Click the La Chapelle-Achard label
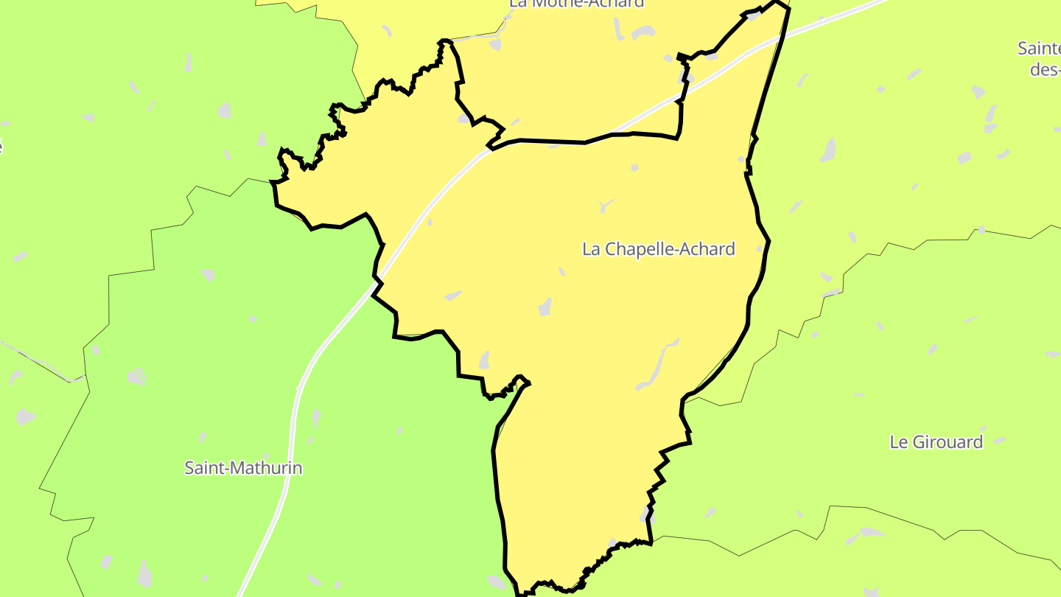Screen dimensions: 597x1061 [658, 249]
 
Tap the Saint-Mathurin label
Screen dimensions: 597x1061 [243, 468]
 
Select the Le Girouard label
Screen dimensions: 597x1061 [936, 442]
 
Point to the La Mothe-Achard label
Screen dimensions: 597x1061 [576, 3]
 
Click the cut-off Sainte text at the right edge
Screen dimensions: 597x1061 [1040, 49]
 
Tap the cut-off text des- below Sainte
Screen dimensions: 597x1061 [1045, 69]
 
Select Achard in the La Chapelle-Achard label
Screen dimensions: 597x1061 [709, 249]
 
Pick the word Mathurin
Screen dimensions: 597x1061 [265, 468]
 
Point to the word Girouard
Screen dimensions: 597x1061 [948, 442]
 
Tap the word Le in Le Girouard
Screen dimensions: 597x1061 [898, 442]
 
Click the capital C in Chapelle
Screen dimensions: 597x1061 [608, 249]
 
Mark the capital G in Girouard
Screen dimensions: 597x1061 [918, 442]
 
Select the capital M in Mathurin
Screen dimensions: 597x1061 [234, 468]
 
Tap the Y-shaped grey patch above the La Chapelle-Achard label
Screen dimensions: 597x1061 [606, 206]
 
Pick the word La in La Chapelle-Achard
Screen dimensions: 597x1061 [590, 249]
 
